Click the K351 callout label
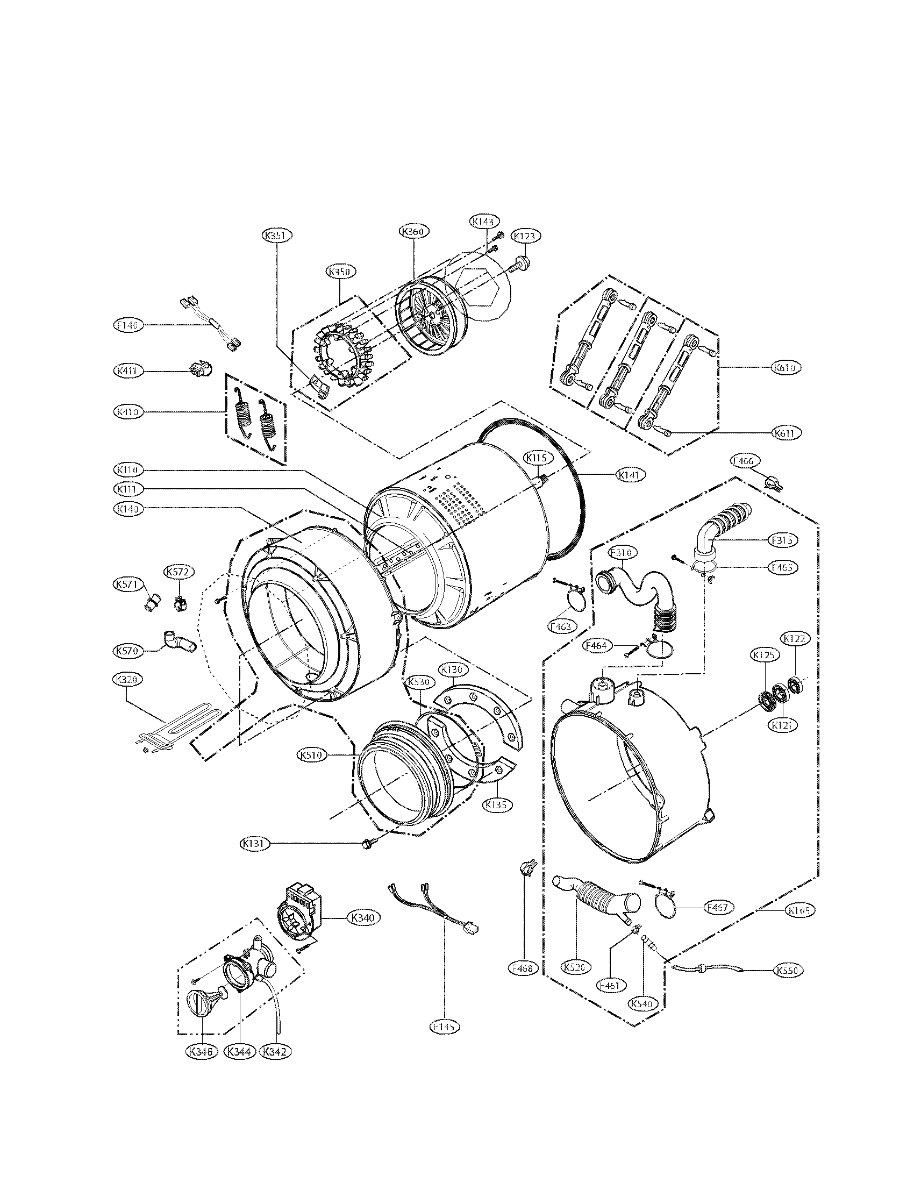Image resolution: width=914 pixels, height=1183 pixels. point(277,236)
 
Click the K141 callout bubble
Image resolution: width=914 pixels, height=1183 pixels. point(631,475)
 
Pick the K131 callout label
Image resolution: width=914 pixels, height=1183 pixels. point(254,843)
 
